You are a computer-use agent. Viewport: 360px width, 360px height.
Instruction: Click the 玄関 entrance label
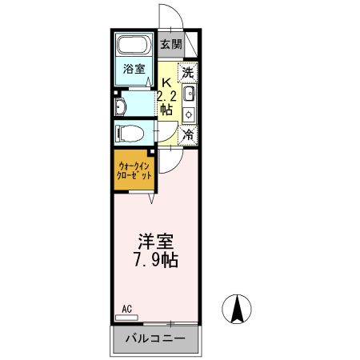click(170, 44)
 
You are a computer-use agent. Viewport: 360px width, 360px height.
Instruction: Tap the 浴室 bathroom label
click(134, 70)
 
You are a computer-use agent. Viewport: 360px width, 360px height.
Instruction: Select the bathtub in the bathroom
click(134, 46)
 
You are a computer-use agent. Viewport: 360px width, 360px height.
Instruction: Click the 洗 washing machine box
click(188, 70)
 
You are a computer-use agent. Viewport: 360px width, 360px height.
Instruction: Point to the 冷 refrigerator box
click(188, 135)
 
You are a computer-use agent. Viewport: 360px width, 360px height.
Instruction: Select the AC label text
click(126, 308)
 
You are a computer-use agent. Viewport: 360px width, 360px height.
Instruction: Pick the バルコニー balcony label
click(156, 339)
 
